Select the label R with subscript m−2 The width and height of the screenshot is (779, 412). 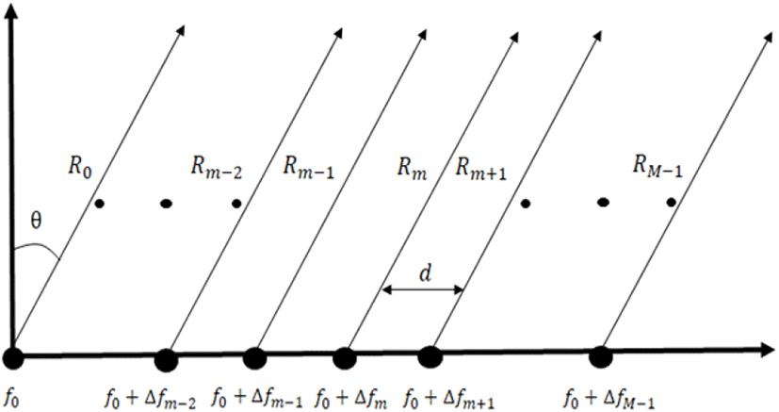tap(216, 169)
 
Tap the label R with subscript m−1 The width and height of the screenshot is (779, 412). tap(309, 169)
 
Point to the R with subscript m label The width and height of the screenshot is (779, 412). tap(412, 169)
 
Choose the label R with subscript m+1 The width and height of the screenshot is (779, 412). tap(481, 170)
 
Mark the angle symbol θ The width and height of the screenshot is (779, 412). tap(36, 222)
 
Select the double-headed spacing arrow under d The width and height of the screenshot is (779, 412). tap(422, 289)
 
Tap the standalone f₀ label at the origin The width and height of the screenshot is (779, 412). tap(12, 399)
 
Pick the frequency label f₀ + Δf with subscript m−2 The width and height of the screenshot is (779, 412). tap(150, 399)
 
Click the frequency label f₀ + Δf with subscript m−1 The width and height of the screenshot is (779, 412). tap(257, 399)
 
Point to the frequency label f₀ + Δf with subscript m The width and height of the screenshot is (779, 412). tap(351, 399)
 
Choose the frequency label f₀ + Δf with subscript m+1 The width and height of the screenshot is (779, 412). tap(450, 399)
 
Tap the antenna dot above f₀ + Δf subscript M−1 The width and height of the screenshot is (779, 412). tap(601, 356)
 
